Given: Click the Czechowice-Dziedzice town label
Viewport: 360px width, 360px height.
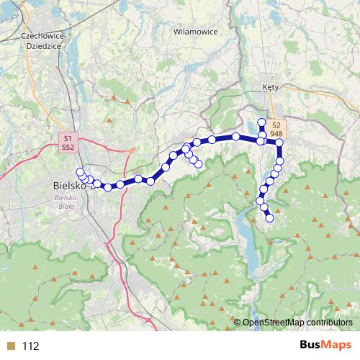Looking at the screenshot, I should [x=44, y=39].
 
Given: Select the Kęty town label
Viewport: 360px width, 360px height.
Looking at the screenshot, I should [x=271, y=87].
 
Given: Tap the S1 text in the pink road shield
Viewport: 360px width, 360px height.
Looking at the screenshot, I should [x=68, y=137].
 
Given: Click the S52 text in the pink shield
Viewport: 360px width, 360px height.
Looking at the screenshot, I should [x=68, y=146].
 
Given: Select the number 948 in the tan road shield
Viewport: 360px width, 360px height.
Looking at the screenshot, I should [x=276, y=134].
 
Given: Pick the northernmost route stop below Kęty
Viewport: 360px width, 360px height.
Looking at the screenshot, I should [x=261, y=122].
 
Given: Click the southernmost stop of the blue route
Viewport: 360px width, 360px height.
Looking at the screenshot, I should [x=270, y=218].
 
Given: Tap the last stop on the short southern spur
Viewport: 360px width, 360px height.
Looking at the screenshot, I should [x=199, y=165].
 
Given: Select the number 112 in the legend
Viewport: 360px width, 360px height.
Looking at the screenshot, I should [x=30, y=346].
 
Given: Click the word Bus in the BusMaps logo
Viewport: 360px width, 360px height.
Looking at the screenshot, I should [x=312, y=346].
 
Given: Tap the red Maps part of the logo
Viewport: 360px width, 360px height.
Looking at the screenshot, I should [x=338, y=346].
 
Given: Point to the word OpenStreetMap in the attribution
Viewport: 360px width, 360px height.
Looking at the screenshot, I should [x=273, y=323].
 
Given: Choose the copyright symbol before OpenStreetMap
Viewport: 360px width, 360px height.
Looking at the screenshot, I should [x=237, y=323].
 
